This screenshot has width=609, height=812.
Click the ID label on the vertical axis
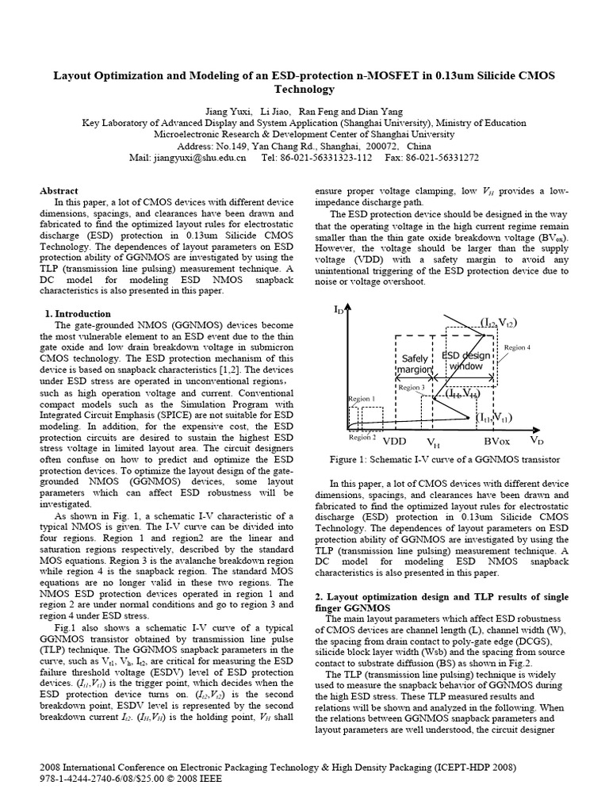(x=339, y=310)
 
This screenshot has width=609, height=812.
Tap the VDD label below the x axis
(x=394, y=441)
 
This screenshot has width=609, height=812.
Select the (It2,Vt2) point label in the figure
(x=498, y=322)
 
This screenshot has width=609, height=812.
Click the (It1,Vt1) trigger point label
(x=495, y=417)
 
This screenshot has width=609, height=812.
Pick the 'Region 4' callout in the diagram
(x=517, y=347)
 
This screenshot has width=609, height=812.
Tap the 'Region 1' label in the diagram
(x=361, y=399)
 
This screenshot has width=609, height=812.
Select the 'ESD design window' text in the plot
(x=466, y=361)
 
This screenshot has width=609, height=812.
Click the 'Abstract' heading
(x=59, y=191)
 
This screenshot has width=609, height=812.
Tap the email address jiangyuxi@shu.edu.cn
(x=198, y=159)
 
